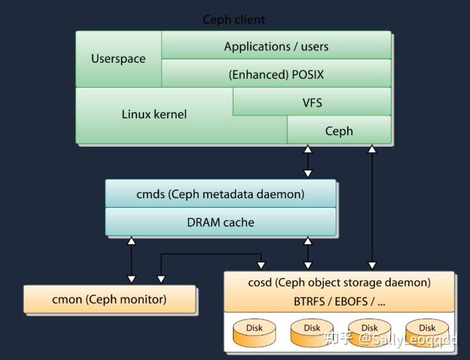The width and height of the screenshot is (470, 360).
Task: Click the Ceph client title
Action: click(x=234, y=20)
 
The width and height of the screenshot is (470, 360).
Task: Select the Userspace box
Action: click(x=118, y=59)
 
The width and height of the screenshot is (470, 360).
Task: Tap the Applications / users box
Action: click(x=276, y=46)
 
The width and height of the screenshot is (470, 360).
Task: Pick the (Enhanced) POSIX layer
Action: click(x=276, y=74)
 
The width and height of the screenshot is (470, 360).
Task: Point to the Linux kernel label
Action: click(x=154, y=114)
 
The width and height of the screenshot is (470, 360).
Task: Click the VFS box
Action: click(x=312, y=103)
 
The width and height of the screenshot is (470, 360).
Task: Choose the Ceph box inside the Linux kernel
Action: click(x=339, y=130)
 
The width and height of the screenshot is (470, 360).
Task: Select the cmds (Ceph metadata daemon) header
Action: click(x=220, y=194)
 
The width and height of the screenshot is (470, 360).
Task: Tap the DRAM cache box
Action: click(x=220, y=221)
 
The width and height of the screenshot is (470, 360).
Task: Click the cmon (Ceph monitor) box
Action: click(x=109, y=299)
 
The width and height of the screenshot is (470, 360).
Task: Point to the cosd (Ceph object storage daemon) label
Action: click(x=339, y=283)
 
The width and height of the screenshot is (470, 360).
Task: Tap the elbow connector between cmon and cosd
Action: click(x=211, y=255)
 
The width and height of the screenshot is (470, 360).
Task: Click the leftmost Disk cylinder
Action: click(x=254, y=332)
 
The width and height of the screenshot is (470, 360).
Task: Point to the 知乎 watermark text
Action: click(x=338, y=338)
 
